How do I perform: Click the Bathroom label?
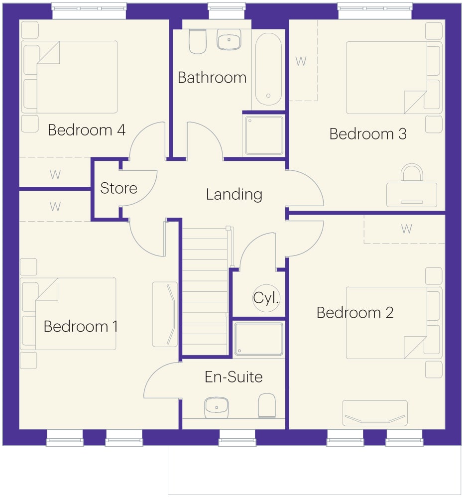point(212,78)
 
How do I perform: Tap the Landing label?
point(234,194)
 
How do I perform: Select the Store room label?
point(119,188)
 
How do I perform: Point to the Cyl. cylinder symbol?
point(266,298)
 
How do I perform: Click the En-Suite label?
point(233,377)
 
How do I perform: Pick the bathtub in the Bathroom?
point(268,69)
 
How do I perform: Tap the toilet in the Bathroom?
point(198,41)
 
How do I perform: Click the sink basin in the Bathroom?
point(229,40)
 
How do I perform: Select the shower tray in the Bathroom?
point(264,135)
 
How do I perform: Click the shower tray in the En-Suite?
point(258,339)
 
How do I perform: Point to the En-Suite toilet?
point(267,406)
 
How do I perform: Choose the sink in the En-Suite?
point(217,408)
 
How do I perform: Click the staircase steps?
point(205,292)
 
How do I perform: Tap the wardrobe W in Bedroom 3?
point(301,61)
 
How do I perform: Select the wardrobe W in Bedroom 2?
point(407,229)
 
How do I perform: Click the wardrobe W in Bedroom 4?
point(55,175)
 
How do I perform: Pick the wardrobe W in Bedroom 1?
point(55,207)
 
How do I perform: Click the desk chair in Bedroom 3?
point(412,173)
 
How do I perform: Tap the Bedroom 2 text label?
point(355,313)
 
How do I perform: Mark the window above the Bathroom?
point(227,11)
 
